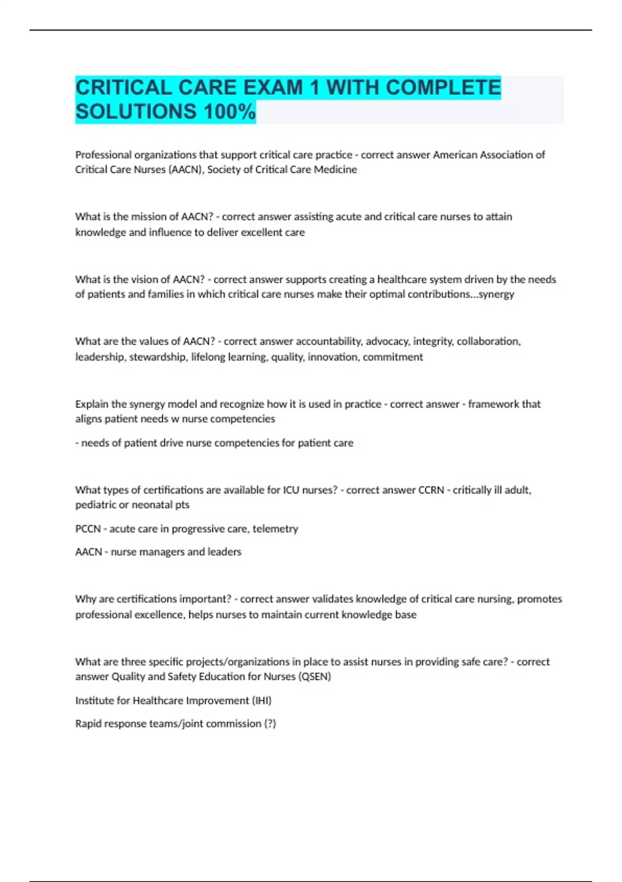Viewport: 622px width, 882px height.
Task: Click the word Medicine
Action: [x=335, y=170]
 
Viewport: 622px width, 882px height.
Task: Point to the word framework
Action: [x=493, y=404]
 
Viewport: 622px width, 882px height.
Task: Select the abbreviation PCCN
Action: [x=88, y=529]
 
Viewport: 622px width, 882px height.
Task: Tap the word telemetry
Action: [x=275, y=529]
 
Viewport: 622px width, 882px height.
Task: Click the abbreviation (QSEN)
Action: [x=315, y=677]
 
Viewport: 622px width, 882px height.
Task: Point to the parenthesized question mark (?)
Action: [x=270, y=723]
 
